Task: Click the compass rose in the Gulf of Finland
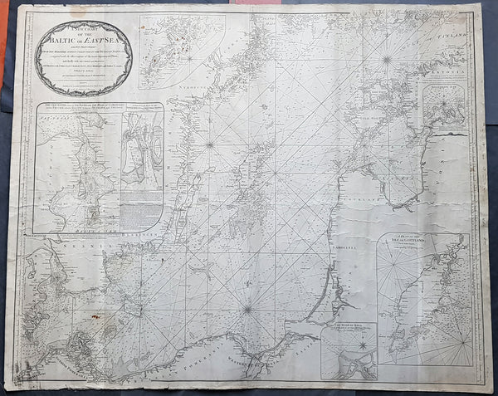coord(387,58)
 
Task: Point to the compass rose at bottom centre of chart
coord(247,310)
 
